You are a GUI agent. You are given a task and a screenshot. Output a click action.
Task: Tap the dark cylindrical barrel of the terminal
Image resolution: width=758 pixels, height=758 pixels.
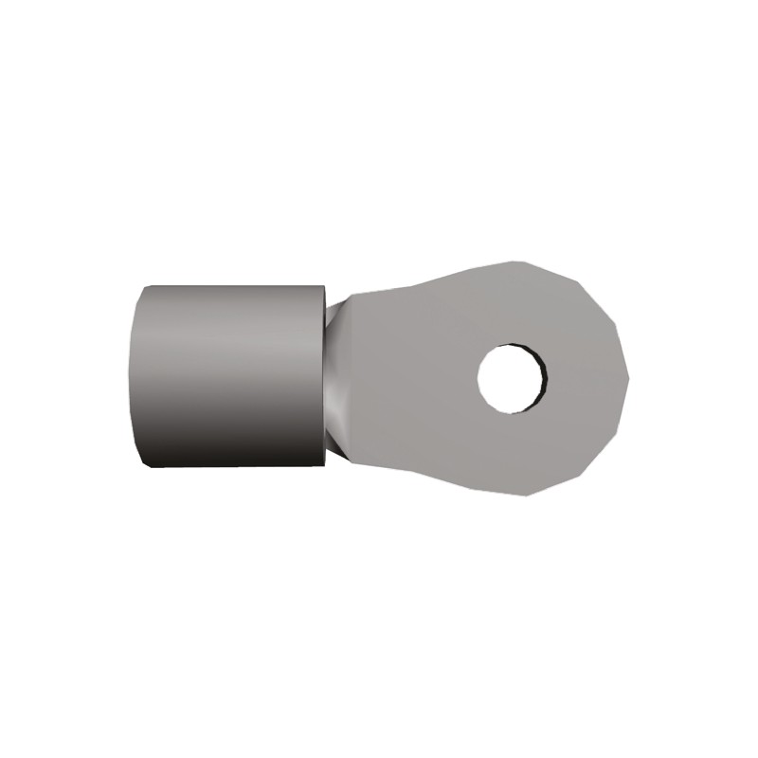pos(232,379)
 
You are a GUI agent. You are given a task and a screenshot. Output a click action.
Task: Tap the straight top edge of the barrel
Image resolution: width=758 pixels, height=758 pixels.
pos(237,285)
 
